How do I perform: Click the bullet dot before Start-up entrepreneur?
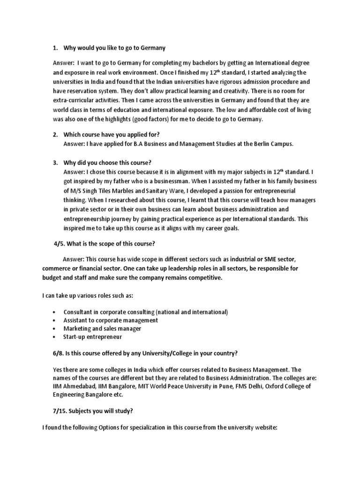[x=55, y=337]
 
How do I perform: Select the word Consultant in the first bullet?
[x=79, y=312]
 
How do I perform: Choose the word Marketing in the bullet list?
[x=77, y=329]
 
